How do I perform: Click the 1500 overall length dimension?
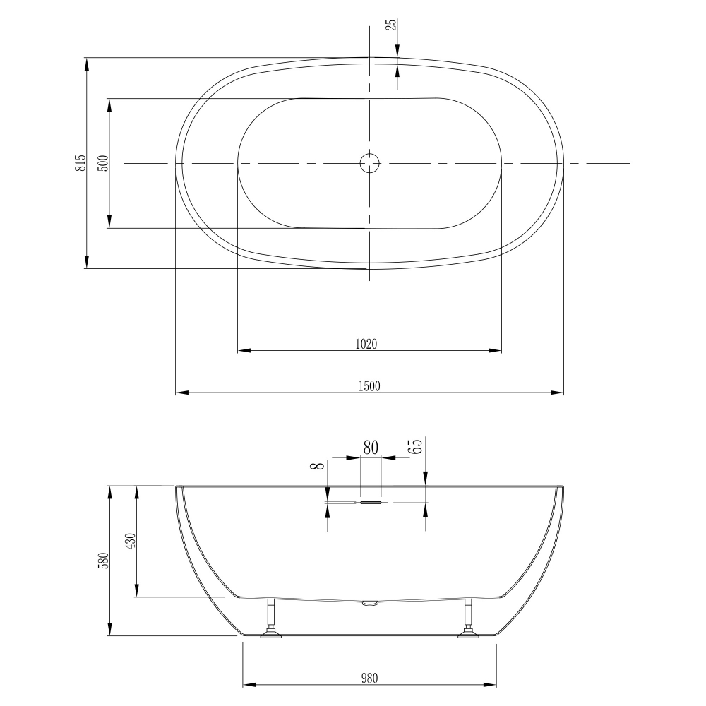(x=369, y=385)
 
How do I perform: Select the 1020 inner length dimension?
(x=366, y=344)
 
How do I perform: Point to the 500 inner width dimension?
(x=104, y=163)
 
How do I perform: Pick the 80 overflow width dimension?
(x=371, y=448)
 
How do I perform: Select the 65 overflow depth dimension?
(x=417, y=446)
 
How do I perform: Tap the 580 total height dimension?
(x=104, y=561)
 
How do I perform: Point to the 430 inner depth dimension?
(x=130, y=542)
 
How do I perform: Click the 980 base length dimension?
(x=369, y=678)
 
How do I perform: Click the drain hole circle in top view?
(x=369, y=163)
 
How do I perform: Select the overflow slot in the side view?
(x=371, y=503)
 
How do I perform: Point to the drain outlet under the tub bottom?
(x=369, y=603)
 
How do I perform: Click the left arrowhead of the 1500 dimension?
(x=181, y=393)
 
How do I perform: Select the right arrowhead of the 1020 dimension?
(x=496, y=349)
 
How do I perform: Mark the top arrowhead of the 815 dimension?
(x=87, y=63)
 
